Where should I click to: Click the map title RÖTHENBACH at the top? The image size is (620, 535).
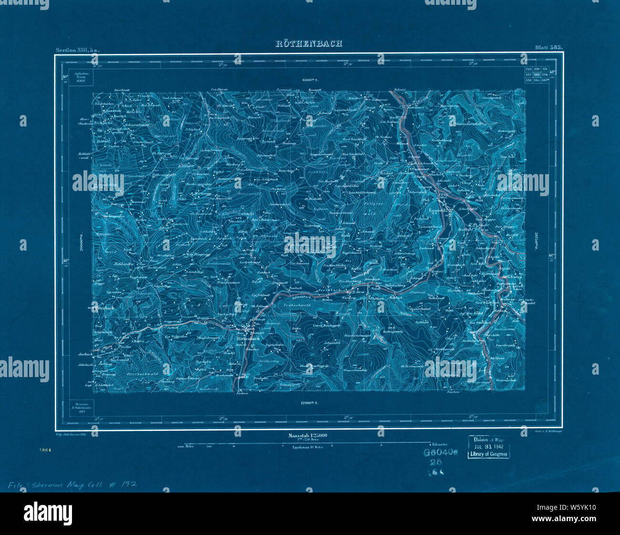(309, 43)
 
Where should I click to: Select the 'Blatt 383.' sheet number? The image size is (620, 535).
(549, 48)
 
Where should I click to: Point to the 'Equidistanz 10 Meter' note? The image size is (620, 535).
(308, 448)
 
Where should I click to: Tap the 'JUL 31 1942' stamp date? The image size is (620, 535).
(489, 446)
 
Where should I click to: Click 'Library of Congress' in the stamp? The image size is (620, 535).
(489, 454)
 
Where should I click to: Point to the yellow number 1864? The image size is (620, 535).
(46, 450)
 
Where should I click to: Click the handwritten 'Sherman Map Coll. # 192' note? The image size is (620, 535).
(72, 484)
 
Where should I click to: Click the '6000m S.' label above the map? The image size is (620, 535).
(310, 80)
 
